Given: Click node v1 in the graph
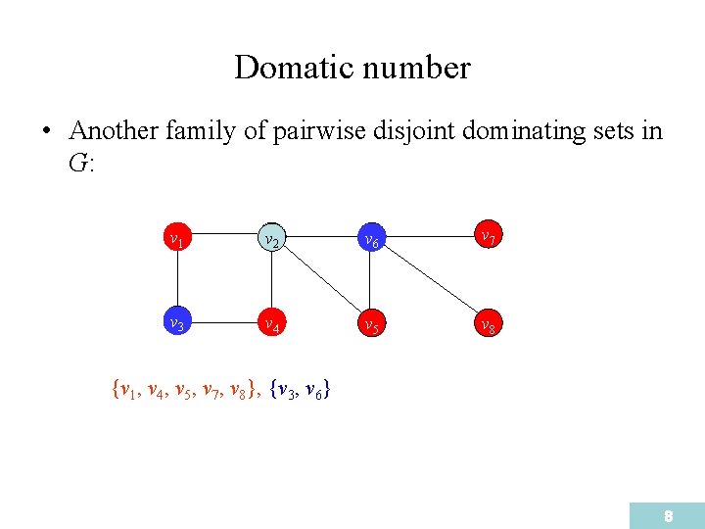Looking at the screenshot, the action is point(175,237).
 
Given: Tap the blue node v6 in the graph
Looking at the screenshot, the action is point(369,238).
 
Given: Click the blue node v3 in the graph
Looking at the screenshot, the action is point(175,322).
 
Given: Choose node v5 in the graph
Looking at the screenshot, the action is point(369,323).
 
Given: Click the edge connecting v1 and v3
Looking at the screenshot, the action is point(175,280).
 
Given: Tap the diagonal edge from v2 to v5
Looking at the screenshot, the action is point(318,281).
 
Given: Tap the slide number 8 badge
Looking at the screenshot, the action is point(667,515).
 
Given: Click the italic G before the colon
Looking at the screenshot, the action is point(77,163).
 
